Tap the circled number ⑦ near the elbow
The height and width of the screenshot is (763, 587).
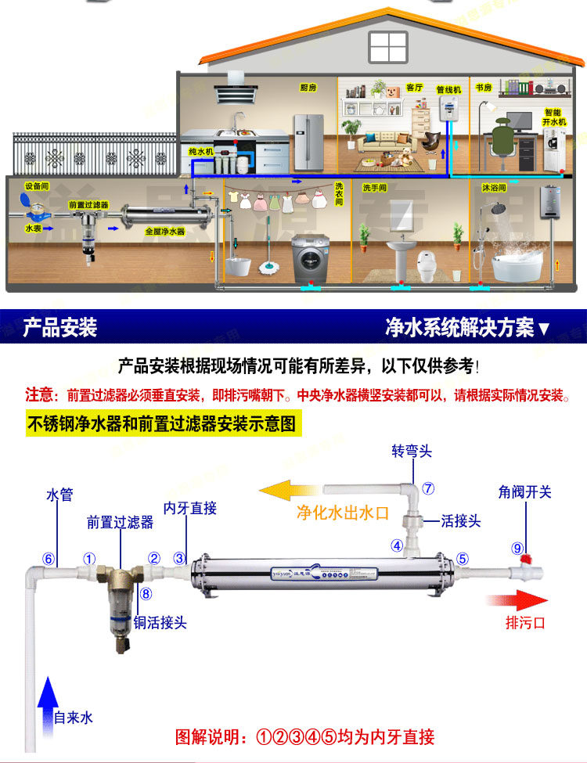point(428,488)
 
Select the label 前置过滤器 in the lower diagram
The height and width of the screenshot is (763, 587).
point(120,523)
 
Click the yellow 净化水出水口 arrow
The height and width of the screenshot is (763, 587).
point(290,491)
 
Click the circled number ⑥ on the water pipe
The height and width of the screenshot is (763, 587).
point(49,559)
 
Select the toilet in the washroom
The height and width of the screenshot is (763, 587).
point(427,265)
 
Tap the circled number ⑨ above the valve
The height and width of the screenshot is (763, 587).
point(517,548)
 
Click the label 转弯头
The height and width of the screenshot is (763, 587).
point(411,452)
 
